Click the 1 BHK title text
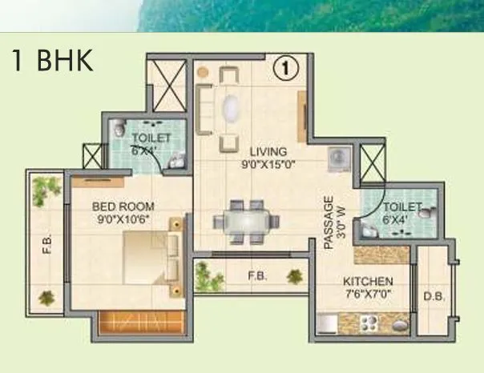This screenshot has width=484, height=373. click(52, 61)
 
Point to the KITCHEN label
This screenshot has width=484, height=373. click(367, 282)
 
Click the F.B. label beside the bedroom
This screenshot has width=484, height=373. click(46, 241)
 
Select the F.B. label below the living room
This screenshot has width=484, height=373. click(257, 277)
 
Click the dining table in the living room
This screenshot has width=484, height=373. click(245, 221)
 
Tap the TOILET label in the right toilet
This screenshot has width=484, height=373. click(402, 207)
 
